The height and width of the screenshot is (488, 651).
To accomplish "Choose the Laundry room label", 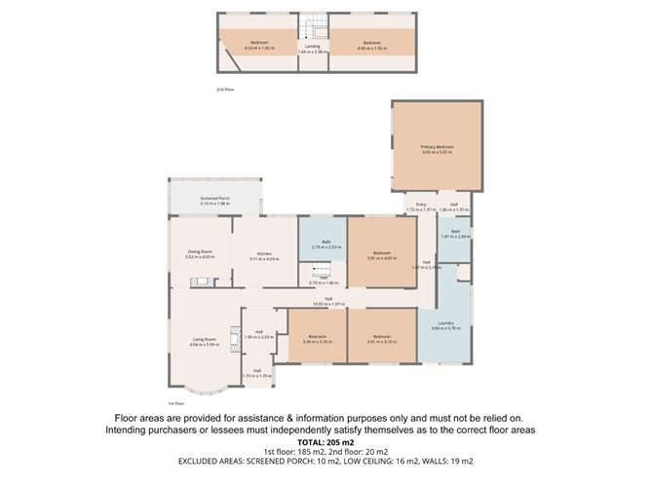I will pyautogui.click(x=442, y=325).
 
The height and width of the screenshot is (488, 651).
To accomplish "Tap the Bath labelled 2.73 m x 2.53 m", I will pyautogui.click(x=323, y=244).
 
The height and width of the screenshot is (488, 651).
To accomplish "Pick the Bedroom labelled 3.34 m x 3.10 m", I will pyautogui.click(x=318, y=339).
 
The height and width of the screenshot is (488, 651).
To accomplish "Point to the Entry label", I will pyautogui.click(x=421, y=206).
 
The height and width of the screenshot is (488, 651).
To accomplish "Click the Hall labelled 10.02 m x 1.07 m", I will pyautogui.click(x=328, y=301).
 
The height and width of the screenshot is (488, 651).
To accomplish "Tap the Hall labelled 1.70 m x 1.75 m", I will pyautogui.click(x=257, y=372).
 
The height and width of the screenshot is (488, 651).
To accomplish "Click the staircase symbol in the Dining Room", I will pyautogui.click(x=199, y=283).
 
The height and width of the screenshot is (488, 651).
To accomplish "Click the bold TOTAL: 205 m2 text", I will pyautogui.click(x=325, y=441).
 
